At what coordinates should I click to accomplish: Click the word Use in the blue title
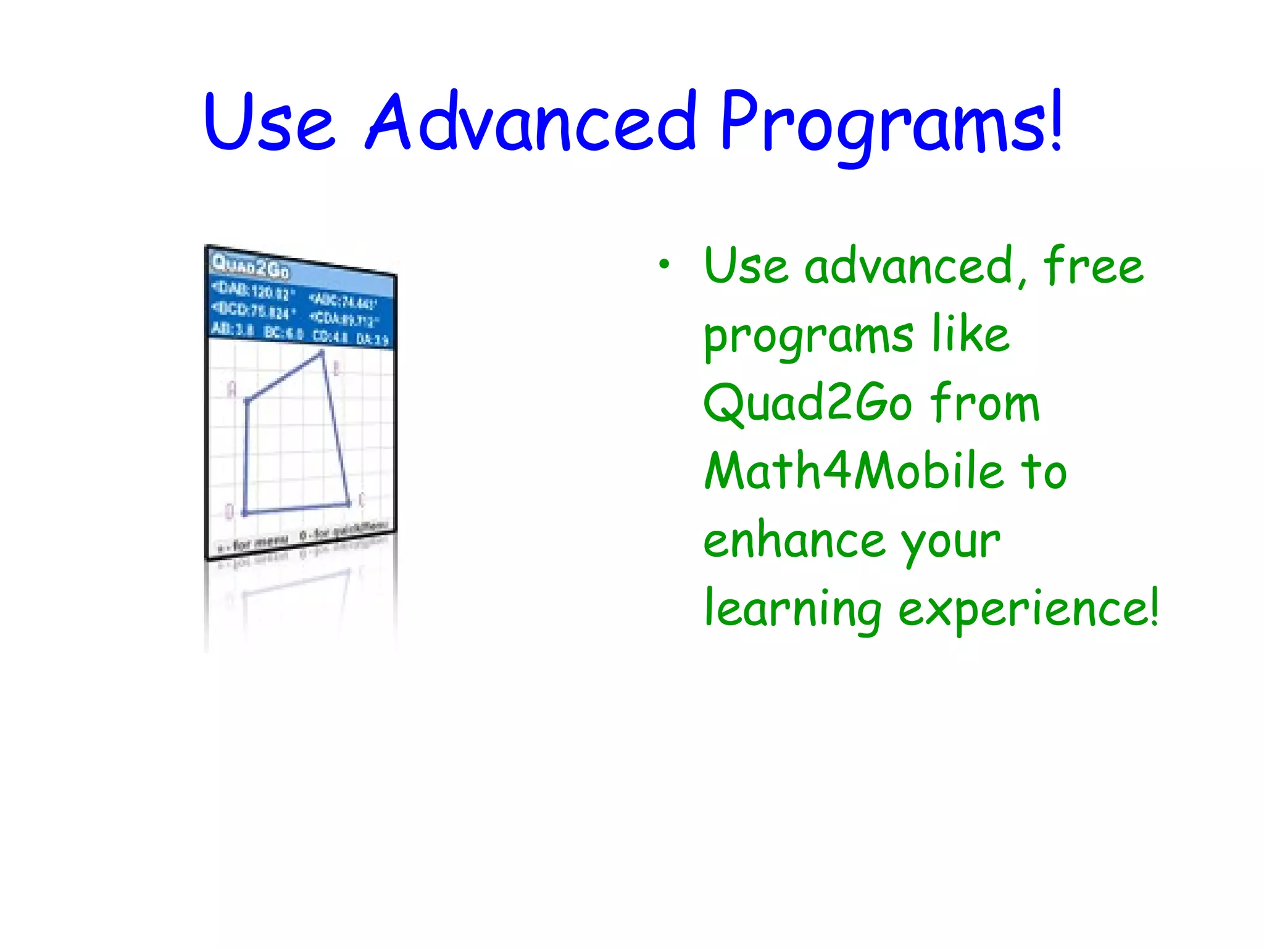pos(270,122)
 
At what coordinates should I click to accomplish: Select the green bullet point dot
pos(663,265)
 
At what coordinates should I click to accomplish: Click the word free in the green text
pos(1093,265)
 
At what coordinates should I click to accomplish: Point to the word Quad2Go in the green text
pos(808,402)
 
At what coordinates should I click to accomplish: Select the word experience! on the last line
pos(1028,609)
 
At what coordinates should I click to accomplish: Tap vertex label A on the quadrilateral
pos(231,389)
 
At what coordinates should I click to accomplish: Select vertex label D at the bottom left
pos(229,512)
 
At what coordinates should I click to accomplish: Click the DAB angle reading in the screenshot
pos(254,291)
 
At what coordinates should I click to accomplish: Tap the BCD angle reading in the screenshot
pos(254,310)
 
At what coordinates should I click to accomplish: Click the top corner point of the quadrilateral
pos(322,353)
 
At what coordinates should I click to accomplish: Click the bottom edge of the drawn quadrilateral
pos(296,509)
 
